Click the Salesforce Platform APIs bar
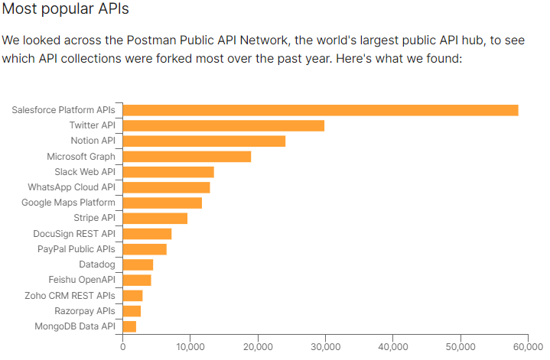point(320,110)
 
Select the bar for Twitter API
point(223,125)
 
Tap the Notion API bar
point(203,141)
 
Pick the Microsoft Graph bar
point(187,157)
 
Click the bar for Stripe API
point(155,219)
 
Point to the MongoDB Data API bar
point(129,326)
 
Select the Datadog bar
point(138,264)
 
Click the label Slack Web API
point(85,172)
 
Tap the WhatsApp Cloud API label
point(71,187)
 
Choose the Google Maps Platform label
point(68,203)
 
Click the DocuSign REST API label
point(74,234)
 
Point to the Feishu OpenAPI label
point(82,280)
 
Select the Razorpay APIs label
point(85,311)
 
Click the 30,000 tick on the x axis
point(325,346)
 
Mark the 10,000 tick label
point(190,346)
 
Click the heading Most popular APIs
point(66,10)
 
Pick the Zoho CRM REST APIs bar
point(132,296)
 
